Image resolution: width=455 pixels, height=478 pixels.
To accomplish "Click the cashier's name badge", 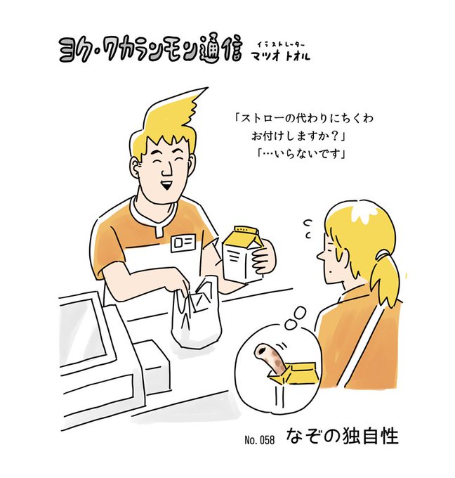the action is (x=184, y=243).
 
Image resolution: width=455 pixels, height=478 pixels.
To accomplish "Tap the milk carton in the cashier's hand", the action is (x=242, y=254).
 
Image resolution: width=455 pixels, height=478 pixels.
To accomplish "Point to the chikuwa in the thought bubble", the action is (x=270, y=358).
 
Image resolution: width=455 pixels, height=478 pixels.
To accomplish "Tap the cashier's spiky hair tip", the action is (x=207, y=89).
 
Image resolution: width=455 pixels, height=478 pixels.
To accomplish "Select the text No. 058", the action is (x=259, y=440).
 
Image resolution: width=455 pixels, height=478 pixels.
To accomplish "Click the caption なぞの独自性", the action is (x=342, y=437).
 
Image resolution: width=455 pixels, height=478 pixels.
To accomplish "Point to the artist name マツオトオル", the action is (x=280, y=56).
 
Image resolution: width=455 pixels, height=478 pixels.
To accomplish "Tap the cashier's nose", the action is (x=166, y=171).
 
